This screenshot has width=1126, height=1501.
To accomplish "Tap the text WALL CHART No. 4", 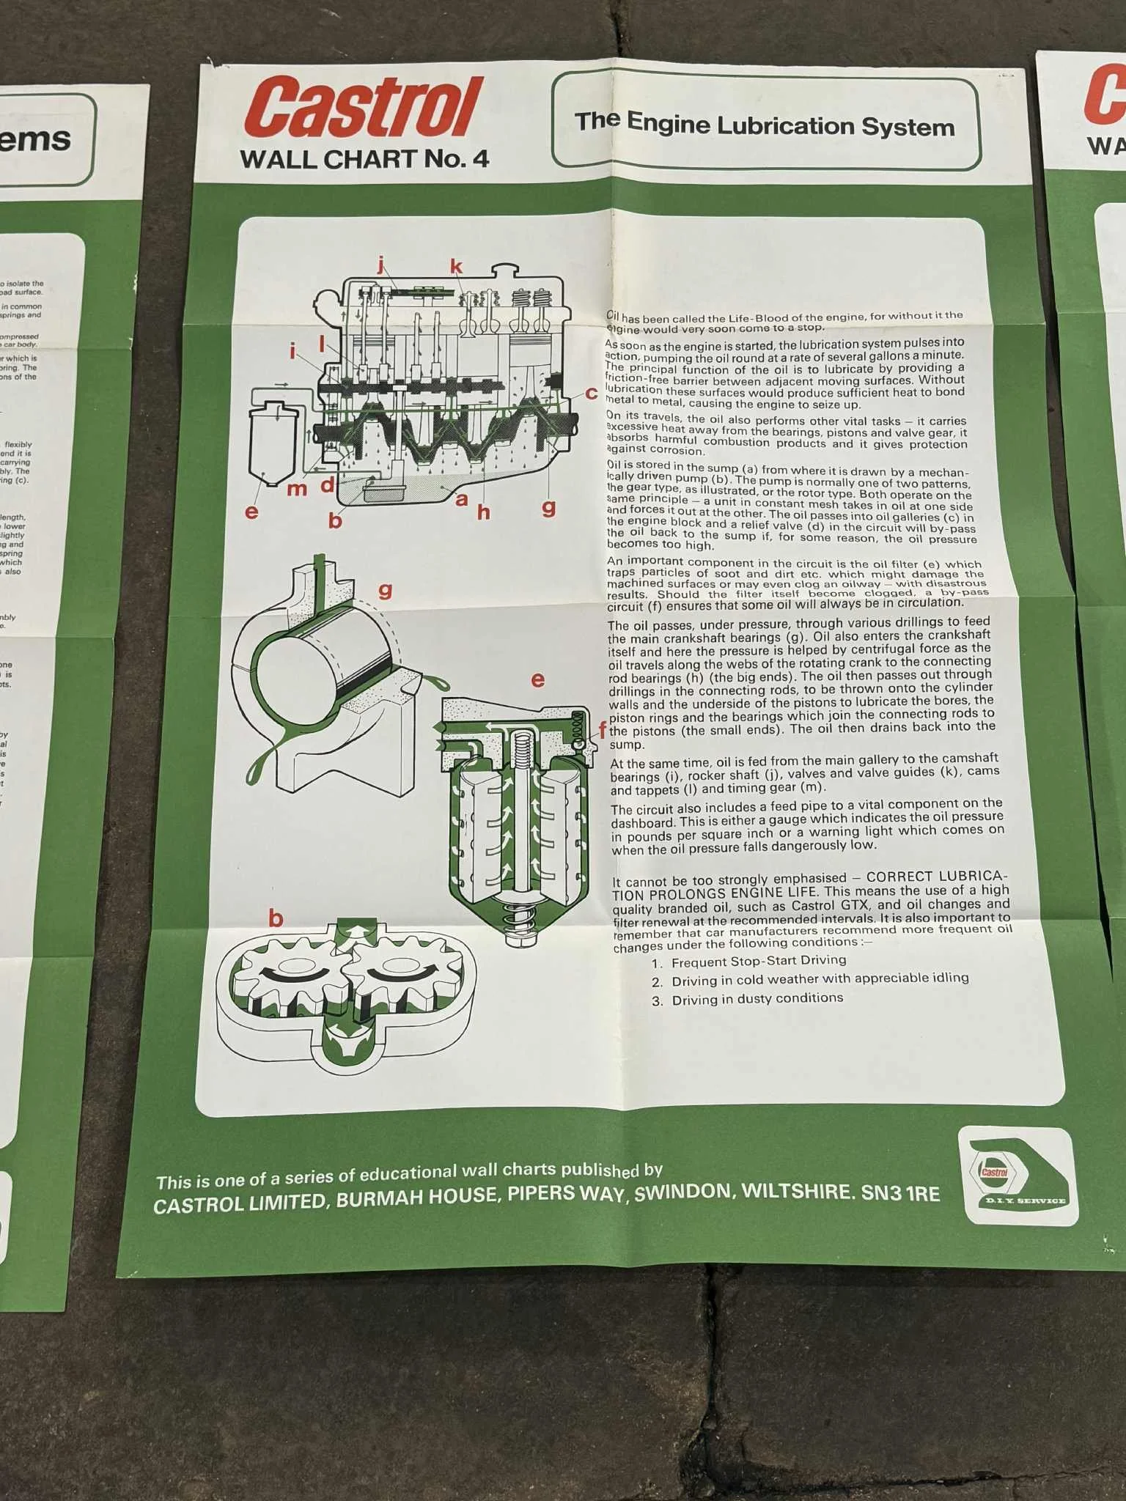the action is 364,158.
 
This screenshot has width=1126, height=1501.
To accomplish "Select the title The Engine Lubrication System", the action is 765,123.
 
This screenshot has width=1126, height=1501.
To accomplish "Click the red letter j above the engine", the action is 380,265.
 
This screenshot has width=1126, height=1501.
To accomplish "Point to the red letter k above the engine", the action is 457,266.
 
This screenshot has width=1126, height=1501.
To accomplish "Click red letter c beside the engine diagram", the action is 591,394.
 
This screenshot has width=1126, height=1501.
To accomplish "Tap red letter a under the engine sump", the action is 461,500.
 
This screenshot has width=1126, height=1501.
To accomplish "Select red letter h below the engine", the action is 483,512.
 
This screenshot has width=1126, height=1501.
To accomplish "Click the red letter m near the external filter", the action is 296,489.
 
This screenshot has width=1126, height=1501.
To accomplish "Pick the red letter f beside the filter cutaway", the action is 603,729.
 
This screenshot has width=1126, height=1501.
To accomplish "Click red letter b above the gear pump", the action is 276,918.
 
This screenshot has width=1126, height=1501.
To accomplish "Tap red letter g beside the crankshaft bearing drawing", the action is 385,589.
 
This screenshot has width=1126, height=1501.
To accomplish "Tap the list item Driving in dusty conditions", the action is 757,998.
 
